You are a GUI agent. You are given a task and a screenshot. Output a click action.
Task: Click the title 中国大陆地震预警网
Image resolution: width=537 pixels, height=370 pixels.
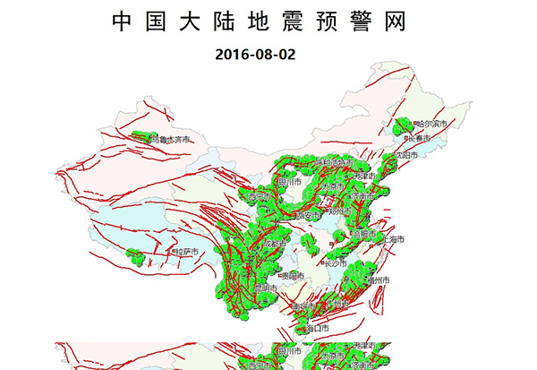coord(268,22)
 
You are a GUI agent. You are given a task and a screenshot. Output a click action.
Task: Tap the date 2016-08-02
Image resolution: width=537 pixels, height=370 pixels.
coord(255,54)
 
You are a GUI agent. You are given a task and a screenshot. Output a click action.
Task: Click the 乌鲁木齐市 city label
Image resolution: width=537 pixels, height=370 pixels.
coord(170,139)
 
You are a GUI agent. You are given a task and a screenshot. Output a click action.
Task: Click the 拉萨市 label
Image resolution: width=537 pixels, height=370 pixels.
coord(184,254)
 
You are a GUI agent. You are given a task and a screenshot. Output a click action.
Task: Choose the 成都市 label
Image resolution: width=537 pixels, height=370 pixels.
coord(276,243)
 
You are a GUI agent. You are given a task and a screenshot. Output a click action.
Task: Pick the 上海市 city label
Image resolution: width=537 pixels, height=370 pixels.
coord(393,240)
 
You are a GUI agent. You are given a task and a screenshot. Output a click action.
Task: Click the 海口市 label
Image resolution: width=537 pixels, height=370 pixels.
coord(317,329)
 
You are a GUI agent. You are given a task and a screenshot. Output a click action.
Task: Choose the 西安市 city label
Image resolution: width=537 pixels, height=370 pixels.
coord(306,216)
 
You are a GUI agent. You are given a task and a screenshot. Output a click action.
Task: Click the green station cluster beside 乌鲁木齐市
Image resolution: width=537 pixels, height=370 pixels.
coord(139,137)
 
